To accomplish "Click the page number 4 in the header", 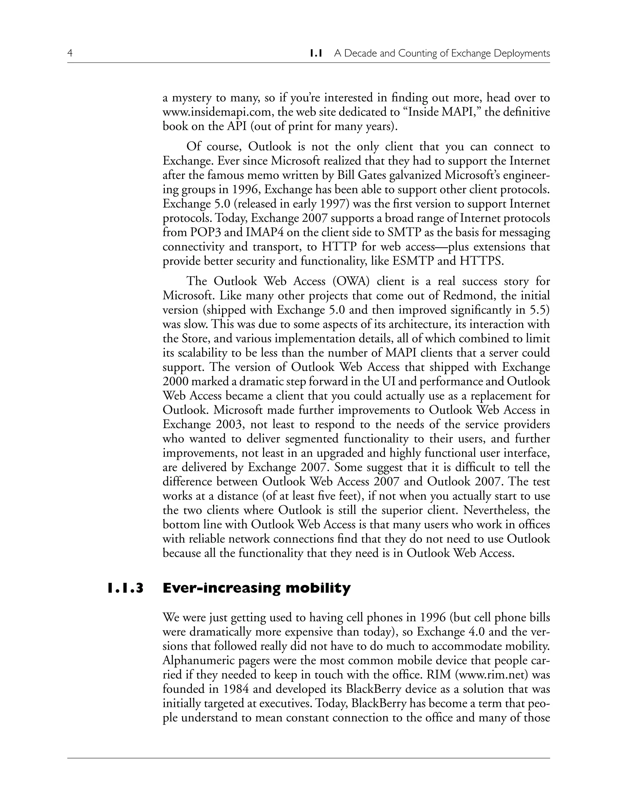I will click(70, 53).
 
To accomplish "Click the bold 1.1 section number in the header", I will click(316, 53).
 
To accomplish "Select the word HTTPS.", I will click(481, 262).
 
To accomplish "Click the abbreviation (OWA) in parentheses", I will click(351, 281).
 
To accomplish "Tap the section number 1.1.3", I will click(125, 588).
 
